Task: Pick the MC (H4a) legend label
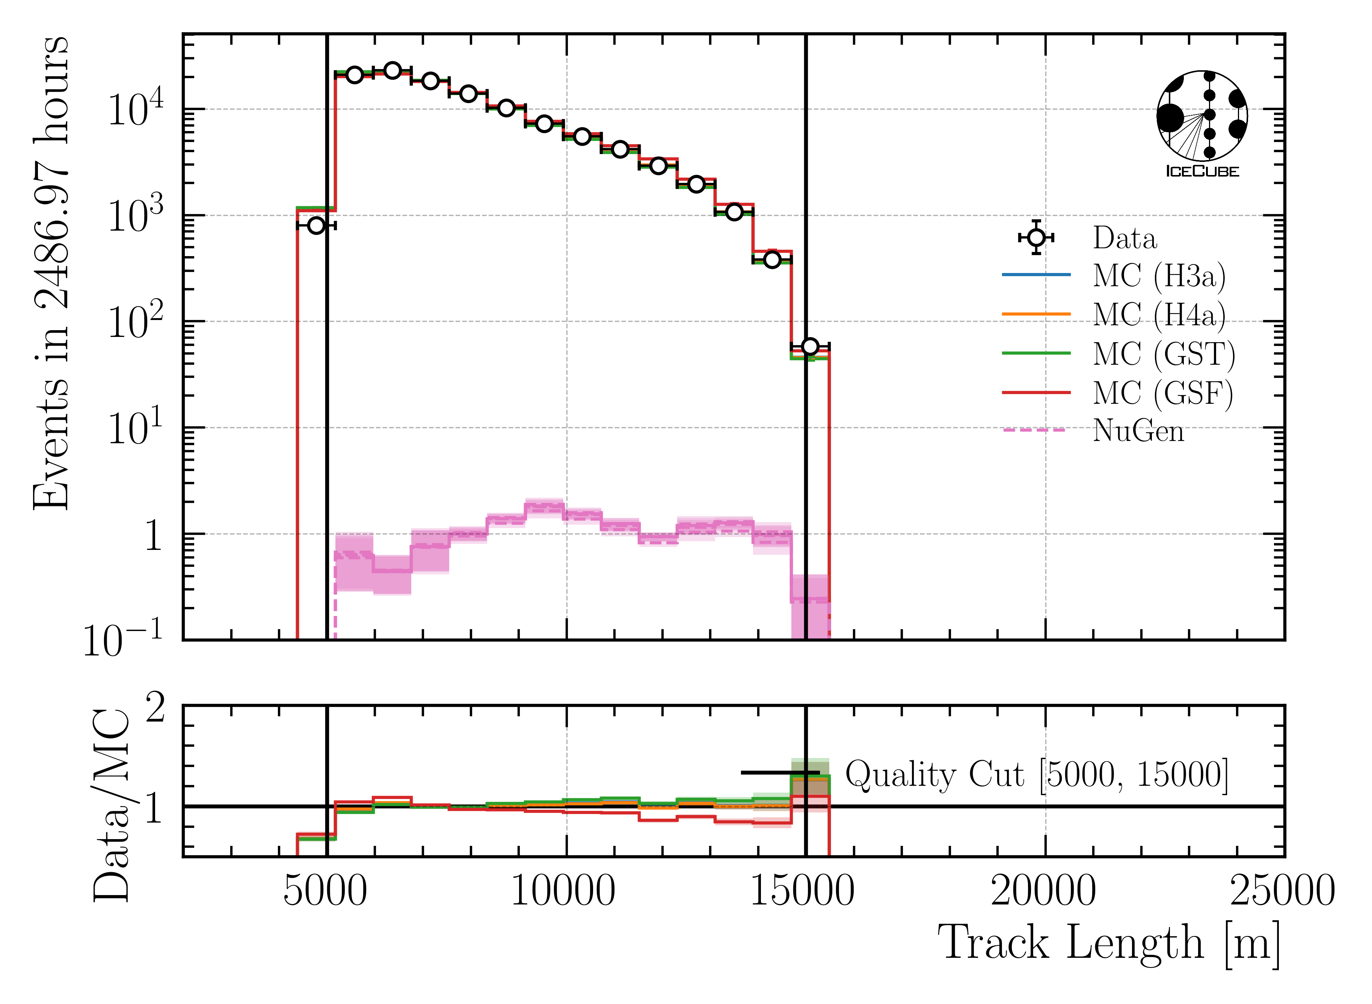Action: click(1159, 315)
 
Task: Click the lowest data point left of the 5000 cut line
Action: click(316, 225)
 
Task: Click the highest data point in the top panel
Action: click(392, 71)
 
